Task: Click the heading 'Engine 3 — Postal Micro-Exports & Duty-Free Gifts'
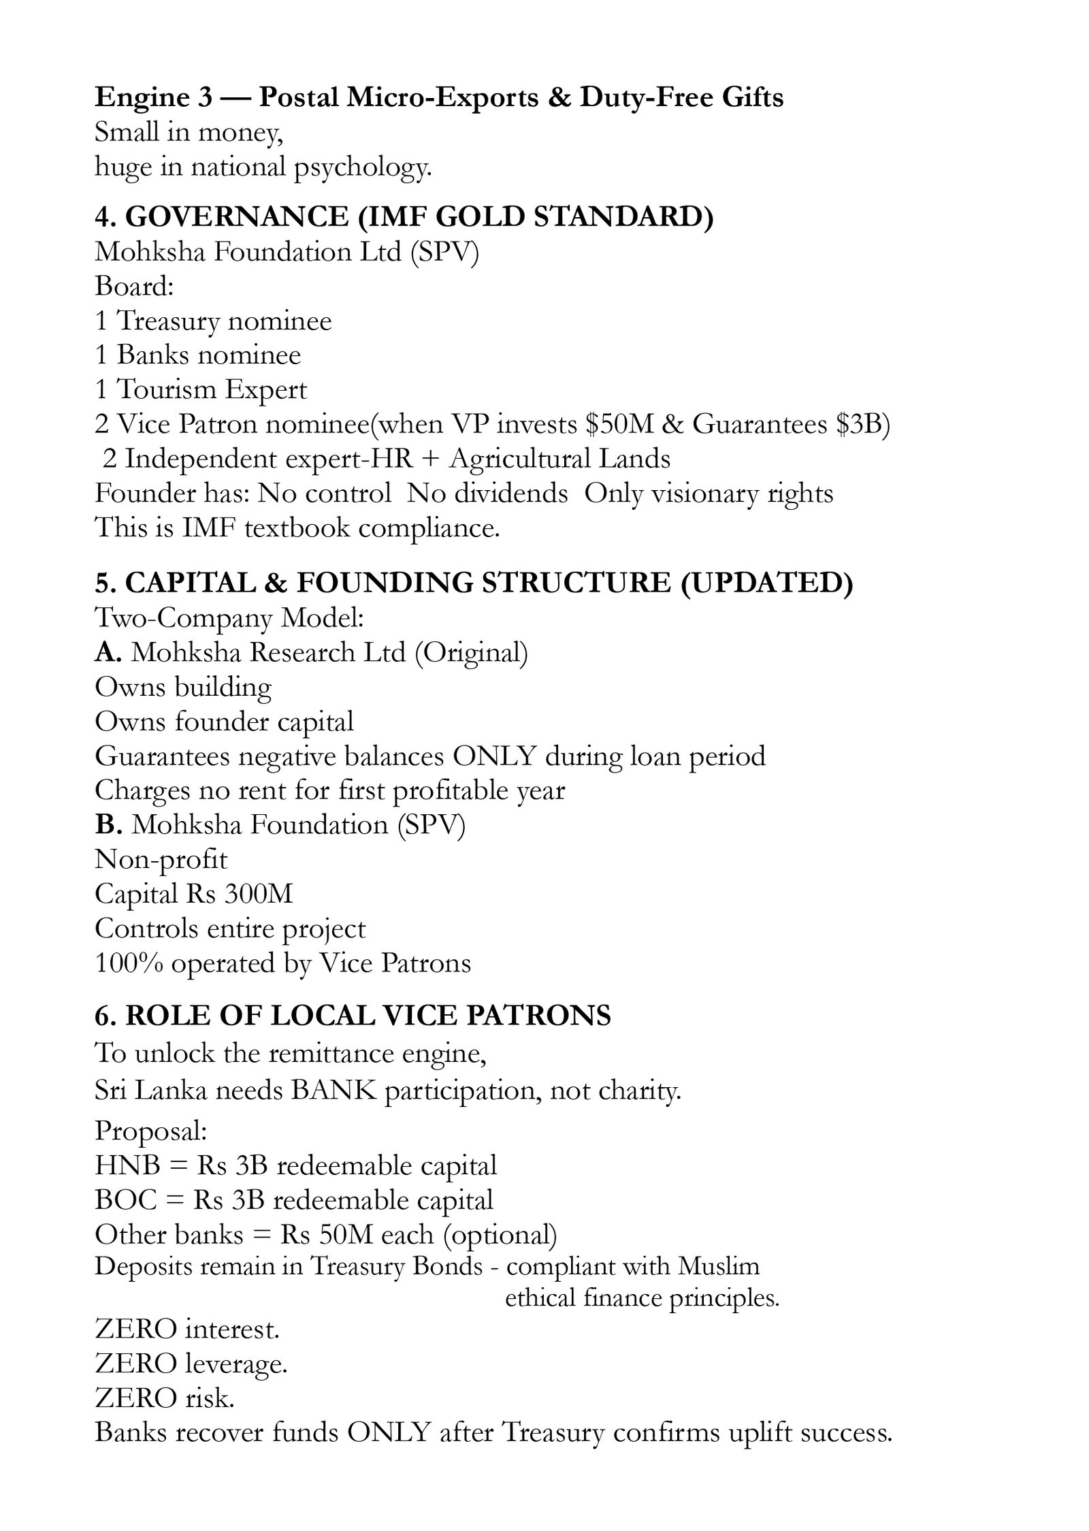pos(439,98)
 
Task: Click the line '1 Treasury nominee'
pos(213,321)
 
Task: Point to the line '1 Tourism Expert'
pos(201,389)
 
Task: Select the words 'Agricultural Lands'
pos(559,459)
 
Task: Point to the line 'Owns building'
pos(183,687)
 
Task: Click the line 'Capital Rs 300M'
pos(194,894)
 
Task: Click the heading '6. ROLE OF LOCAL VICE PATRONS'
pos(353,1016)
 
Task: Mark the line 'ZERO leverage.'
pos(191,1364)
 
